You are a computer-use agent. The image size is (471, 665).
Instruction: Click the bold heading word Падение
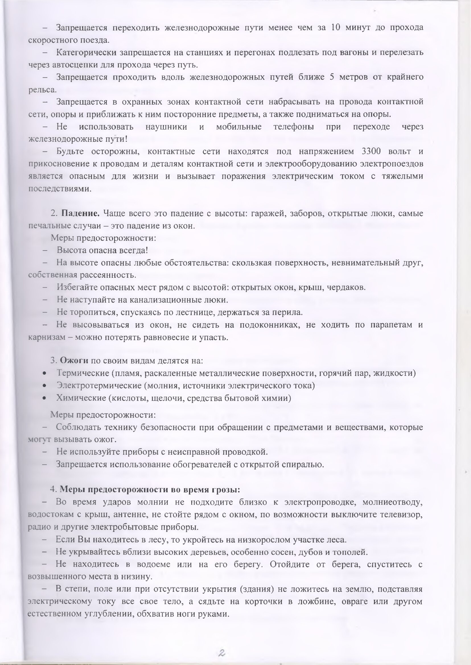pos(80,214)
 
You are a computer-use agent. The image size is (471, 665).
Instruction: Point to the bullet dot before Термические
pos(44,374)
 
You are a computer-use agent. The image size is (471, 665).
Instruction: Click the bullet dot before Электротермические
pos(44,386)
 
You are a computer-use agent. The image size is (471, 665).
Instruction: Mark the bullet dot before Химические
pos(44,398)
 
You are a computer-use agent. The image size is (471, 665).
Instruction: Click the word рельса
pos(42,90)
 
